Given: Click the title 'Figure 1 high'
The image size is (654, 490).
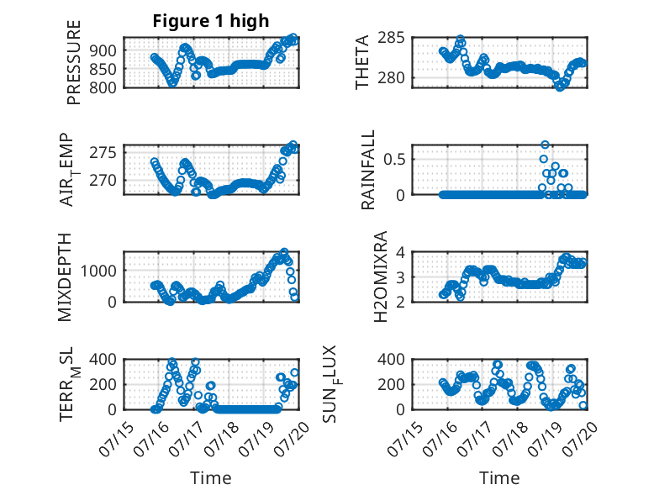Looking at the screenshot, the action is click(x=211, y=21).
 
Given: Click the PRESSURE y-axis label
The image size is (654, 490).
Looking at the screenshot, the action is click(x=73, y=62).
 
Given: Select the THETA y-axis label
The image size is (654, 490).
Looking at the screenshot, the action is click(x=362, y=62).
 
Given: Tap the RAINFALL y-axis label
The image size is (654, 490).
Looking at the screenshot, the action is click(x=368, y=170).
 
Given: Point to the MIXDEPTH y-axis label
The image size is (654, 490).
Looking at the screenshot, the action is click(x=65, y=277).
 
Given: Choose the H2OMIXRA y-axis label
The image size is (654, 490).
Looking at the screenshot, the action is click(x=381, y=277).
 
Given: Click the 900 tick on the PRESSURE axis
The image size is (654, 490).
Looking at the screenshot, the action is click(x=103, y=50).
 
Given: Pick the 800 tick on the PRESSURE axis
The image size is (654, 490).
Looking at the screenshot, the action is click(x=103, y=87).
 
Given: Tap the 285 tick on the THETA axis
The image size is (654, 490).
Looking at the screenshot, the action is click(x=391, y=38).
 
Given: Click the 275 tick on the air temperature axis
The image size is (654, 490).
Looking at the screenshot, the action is click(x=103, y=153).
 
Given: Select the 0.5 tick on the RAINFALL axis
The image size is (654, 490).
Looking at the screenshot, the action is click(x=394, y=160).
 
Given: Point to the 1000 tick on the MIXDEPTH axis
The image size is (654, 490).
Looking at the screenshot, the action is click(x=98, y=271).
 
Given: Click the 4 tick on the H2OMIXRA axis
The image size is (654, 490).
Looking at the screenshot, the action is click(x=400, y=252).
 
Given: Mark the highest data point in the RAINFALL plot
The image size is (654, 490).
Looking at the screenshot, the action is click(x=545, y=145).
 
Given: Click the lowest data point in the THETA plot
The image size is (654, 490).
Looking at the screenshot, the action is click(x=560, y=87).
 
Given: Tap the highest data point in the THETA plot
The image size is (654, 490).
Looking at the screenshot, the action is click(x=461, y=39).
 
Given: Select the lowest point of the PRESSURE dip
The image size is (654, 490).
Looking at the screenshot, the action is click(x=172, y=83).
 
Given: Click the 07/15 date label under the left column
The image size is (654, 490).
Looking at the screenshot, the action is click(x=116, y=439).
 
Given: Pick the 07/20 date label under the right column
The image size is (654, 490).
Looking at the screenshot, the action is click(x=580, y=439).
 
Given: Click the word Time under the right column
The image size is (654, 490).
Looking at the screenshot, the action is click(x=499, y=478).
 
